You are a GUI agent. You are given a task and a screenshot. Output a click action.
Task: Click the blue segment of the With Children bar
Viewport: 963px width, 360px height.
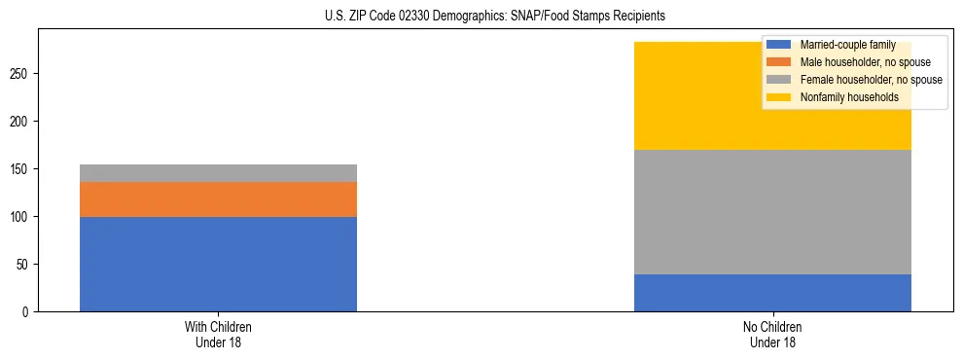click(218, 264)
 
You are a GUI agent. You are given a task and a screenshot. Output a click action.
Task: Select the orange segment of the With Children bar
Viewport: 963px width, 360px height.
click(218, 198)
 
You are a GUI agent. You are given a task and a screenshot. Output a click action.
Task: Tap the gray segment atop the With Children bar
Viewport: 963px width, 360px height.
click(218, 172)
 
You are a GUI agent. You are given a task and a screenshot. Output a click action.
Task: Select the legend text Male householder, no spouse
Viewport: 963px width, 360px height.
click(859, 62)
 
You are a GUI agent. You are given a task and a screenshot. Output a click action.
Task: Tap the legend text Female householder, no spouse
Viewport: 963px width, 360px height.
click(871, 80)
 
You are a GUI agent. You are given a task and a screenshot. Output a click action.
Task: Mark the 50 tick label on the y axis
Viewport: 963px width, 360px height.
click(25, 264)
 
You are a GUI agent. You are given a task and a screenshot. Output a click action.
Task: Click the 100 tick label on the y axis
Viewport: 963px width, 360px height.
click(22, 216)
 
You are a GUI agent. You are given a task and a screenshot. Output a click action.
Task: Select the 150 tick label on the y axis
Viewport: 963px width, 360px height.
click(22, 168)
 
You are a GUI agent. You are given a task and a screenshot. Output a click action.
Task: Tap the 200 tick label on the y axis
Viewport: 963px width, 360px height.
click(22, 121)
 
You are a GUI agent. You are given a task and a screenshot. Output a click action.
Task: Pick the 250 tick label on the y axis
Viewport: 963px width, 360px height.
click(22, 73)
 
